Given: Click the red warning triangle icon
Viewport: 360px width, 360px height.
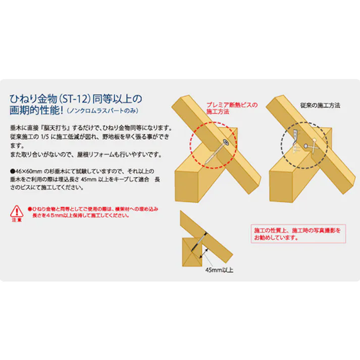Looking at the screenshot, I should tap(16, 211).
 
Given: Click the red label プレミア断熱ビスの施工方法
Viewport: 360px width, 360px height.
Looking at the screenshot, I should tap(231, 108).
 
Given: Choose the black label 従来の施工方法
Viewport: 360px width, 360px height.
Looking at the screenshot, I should tap(320, 106).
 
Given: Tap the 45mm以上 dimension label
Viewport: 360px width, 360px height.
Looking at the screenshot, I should tap(219, 270).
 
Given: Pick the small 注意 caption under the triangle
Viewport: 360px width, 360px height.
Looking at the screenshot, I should tap(16, 221).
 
